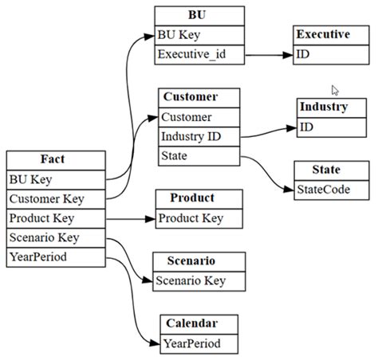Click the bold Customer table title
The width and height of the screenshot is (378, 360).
(190, 97)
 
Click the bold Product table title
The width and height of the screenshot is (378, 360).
(192, 198)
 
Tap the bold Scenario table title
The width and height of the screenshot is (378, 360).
(191, 261)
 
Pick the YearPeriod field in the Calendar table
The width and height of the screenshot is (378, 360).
(191, 343)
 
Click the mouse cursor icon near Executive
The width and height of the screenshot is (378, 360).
(336, 90)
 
